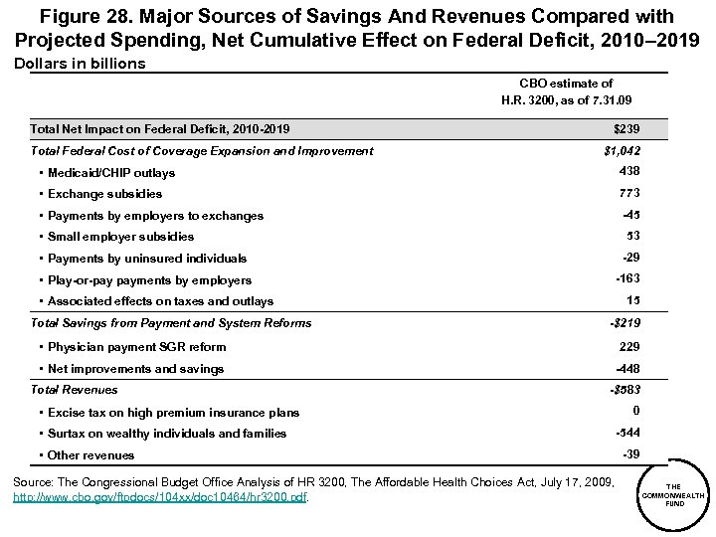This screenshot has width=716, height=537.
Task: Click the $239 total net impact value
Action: click(x=626, y=129)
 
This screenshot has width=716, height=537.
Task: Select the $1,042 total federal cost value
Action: click(x=623, y=151)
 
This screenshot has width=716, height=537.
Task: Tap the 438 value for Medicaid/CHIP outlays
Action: click(x=628, y=171)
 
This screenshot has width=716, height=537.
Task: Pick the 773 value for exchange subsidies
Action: click(x=628, y=192)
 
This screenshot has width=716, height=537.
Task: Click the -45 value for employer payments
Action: click(x=629, y=214)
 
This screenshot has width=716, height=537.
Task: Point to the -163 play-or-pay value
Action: click(x=626, y=279)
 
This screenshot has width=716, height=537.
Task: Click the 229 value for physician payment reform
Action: click(x=628, y=346)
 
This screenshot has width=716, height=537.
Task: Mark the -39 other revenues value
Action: click(x=629, y=453)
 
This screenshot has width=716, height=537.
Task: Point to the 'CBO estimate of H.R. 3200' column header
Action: click(x=566, y=91)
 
